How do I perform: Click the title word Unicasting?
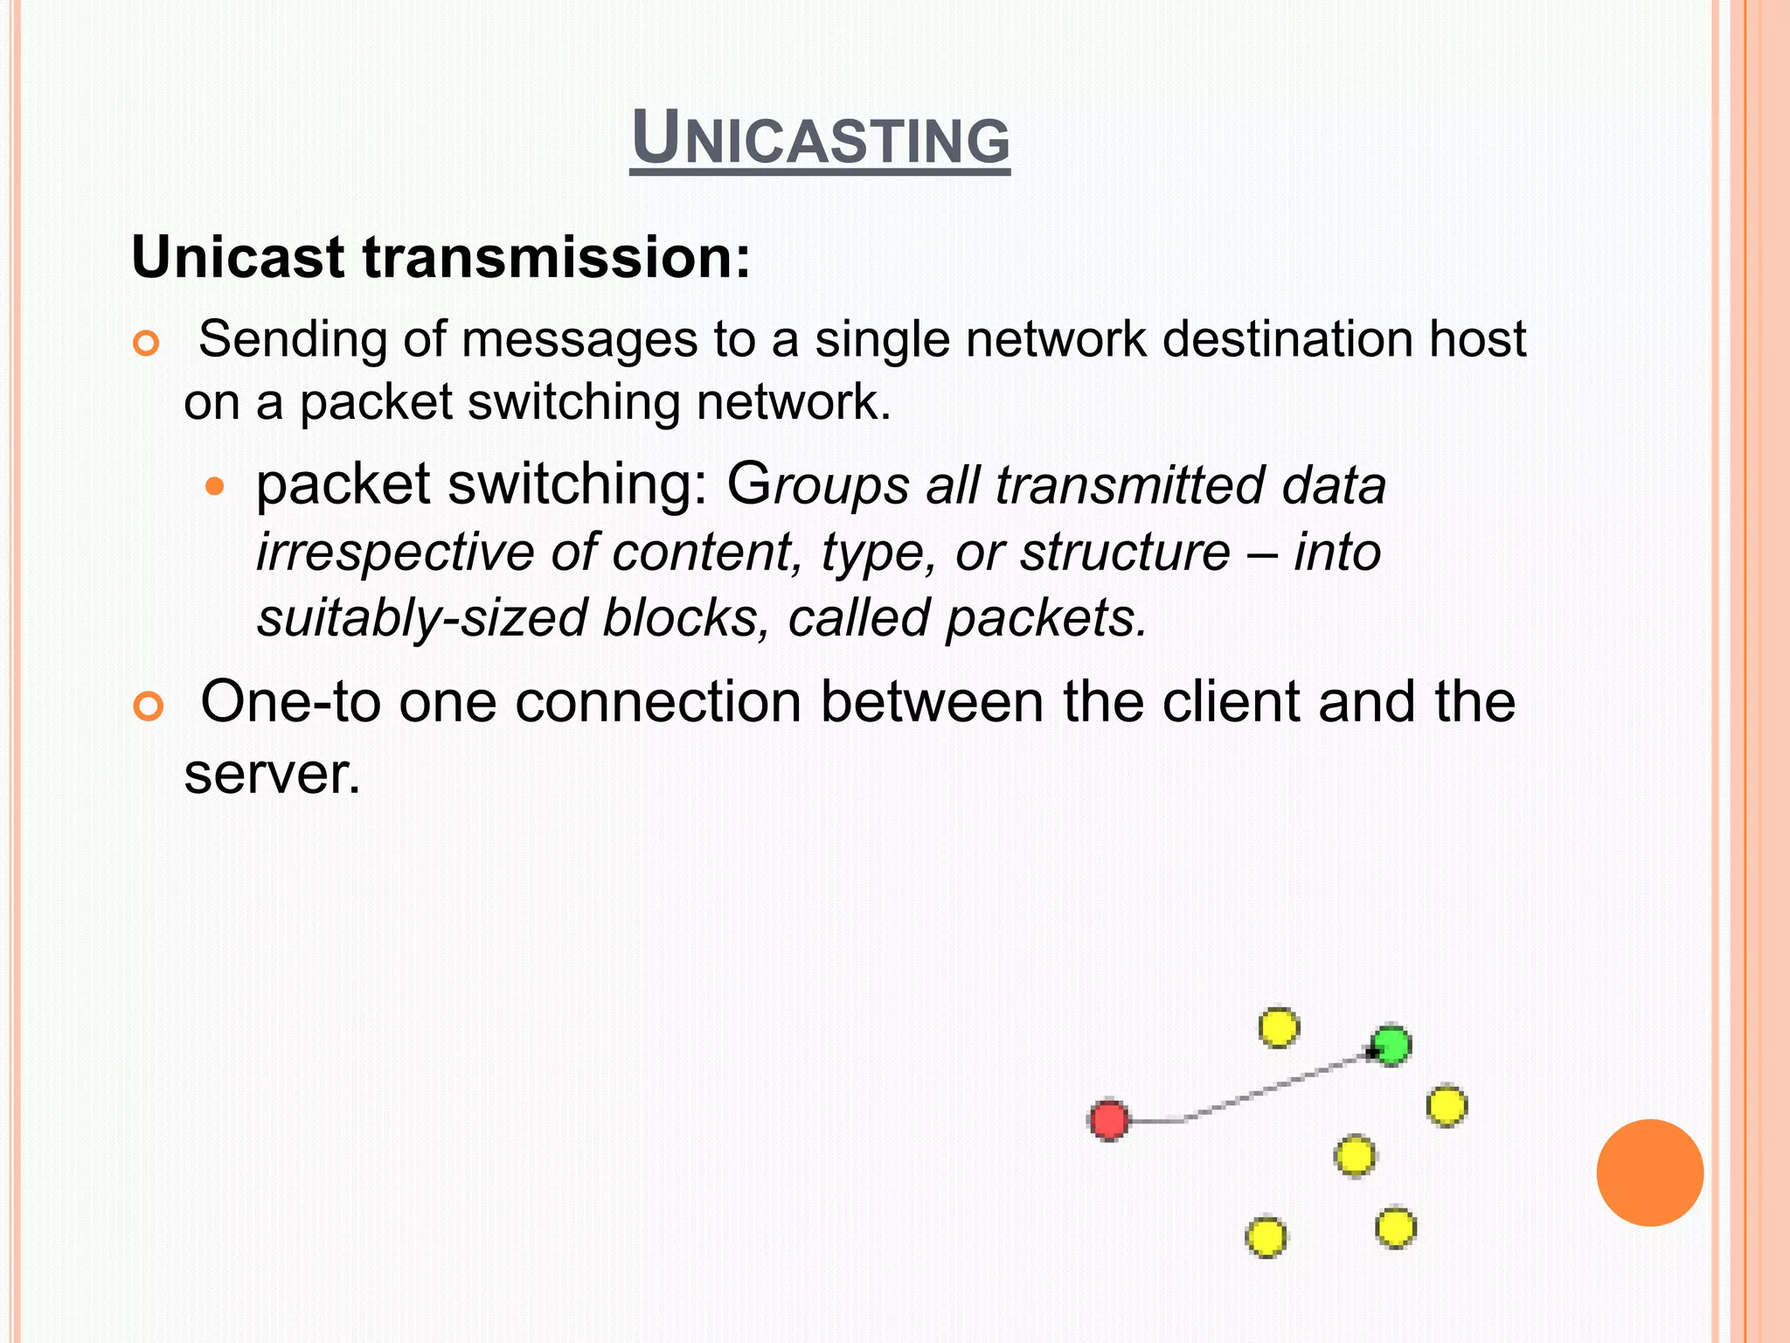820,140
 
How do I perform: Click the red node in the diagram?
1109,1120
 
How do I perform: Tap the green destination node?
1391,1046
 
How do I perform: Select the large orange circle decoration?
1649,1173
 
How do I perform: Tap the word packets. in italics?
1046,617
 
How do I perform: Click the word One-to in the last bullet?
291,701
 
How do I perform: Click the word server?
272,773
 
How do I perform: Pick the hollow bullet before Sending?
146,344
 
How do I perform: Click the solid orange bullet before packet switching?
214,486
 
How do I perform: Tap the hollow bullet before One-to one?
149,706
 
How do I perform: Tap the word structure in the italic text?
1126,553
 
